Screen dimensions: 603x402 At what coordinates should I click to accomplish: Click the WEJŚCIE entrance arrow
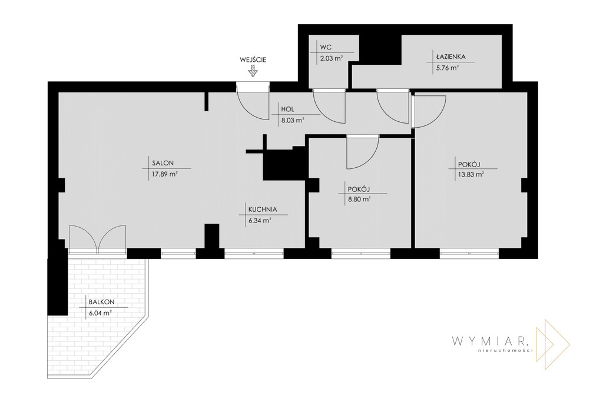coord(253,71)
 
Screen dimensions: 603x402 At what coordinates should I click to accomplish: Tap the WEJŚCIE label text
coord(253,59)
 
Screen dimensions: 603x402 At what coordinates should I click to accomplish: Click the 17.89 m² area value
coord(164,174)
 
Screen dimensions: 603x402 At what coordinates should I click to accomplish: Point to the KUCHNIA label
coord(263,210)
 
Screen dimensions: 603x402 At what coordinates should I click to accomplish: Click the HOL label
coord(287,109)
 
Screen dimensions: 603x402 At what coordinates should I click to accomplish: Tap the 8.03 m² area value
coord(293,120)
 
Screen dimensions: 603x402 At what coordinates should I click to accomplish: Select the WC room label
coord(326,47)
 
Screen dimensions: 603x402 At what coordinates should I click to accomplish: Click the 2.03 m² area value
coord(332,58)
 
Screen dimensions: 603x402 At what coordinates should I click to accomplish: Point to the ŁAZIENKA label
coord(450,57)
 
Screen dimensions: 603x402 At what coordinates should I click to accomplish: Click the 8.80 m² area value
coord(359,200)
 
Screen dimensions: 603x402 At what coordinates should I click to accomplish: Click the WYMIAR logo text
coord(491,341)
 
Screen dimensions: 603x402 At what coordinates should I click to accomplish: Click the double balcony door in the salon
coord(98,239)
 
